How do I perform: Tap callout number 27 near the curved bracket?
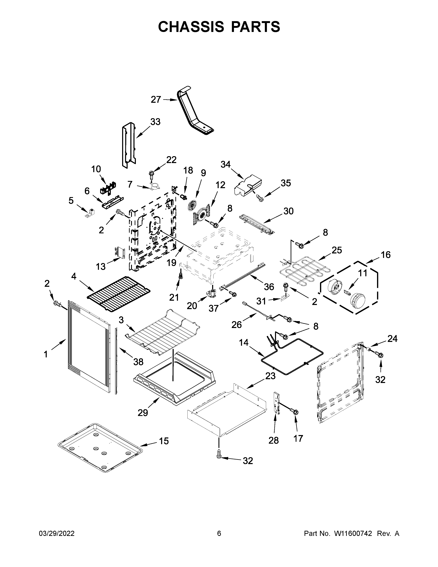pyautogui.click(x=156, y=99)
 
